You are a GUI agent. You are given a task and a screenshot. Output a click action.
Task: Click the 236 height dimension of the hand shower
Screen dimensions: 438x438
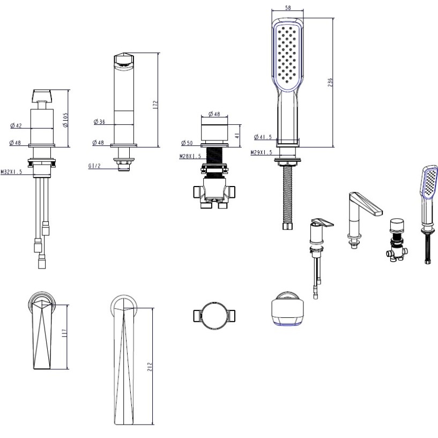pyautogui.click(x=330, y=83)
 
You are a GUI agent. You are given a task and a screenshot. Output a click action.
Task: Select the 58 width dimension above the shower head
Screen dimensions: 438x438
pyautogui.click(x=288, y=8)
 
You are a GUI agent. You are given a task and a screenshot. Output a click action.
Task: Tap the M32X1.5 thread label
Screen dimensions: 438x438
pyautogui.click(x=11, y=172)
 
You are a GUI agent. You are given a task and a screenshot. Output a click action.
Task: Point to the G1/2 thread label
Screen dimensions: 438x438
pyautogui.click(x=94, y=166)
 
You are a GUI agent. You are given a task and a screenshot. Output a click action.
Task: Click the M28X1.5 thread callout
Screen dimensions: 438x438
pyautogui.click(x=190, y=156)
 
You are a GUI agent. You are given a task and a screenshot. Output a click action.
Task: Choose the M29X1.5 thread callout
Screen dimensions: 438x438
pyautogui.click(x=261, y=152)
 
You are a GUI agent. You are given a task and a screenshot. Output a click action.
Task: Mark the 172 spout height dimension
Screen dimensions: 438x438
pyautogui.click(x=155, y=105)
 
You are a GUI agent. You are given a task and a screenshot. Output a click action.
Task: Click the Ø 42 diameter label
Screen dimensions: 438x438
pyautogui.click(x=16, y=125)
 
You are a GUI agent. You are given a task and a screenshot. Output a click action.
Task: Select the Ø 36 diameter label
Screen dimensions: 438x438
pyautogui.click(x=99, y=122)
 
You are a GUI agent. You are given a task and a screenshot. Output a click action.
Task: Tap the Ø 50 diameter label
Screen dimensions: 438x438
pyautogui.click(x=187, y=143)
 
